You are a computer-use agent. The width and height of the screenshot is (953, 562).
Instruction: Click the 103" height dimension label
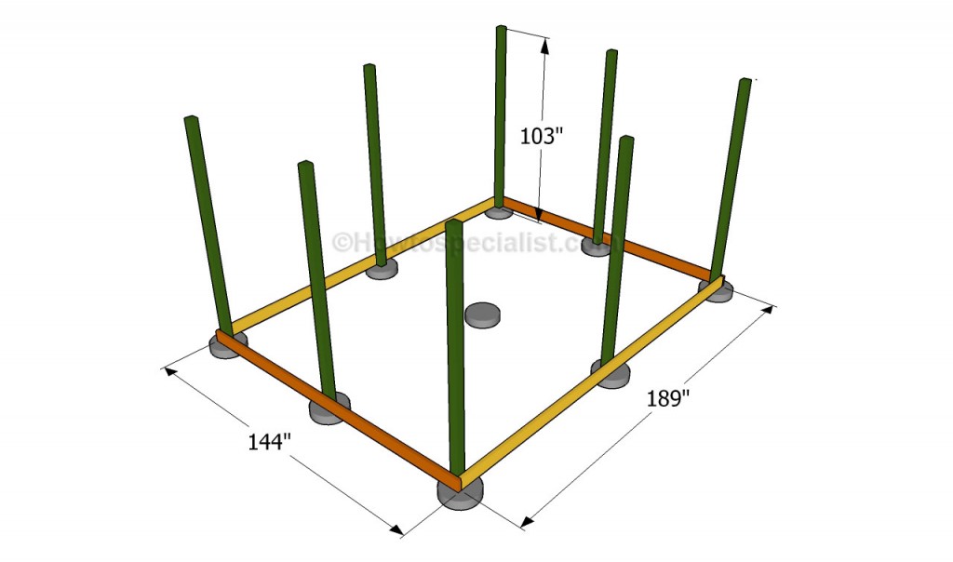(538, 136)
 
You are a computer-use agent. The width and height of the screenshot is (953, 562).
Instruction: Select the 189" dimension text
(668, 399)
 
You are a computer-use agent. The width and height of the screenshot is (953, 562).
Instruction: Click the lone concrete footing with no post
(482, 314)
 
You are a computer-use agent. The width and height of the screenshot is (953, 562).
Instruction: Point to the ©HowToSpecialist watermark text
(477, 242)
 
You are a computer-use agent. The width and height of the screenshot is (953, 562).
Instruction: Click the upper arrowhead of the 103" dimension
(545, 47)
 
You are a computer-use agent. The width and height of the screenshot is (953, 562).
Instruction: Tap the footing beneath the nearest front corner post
(461, 492)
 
